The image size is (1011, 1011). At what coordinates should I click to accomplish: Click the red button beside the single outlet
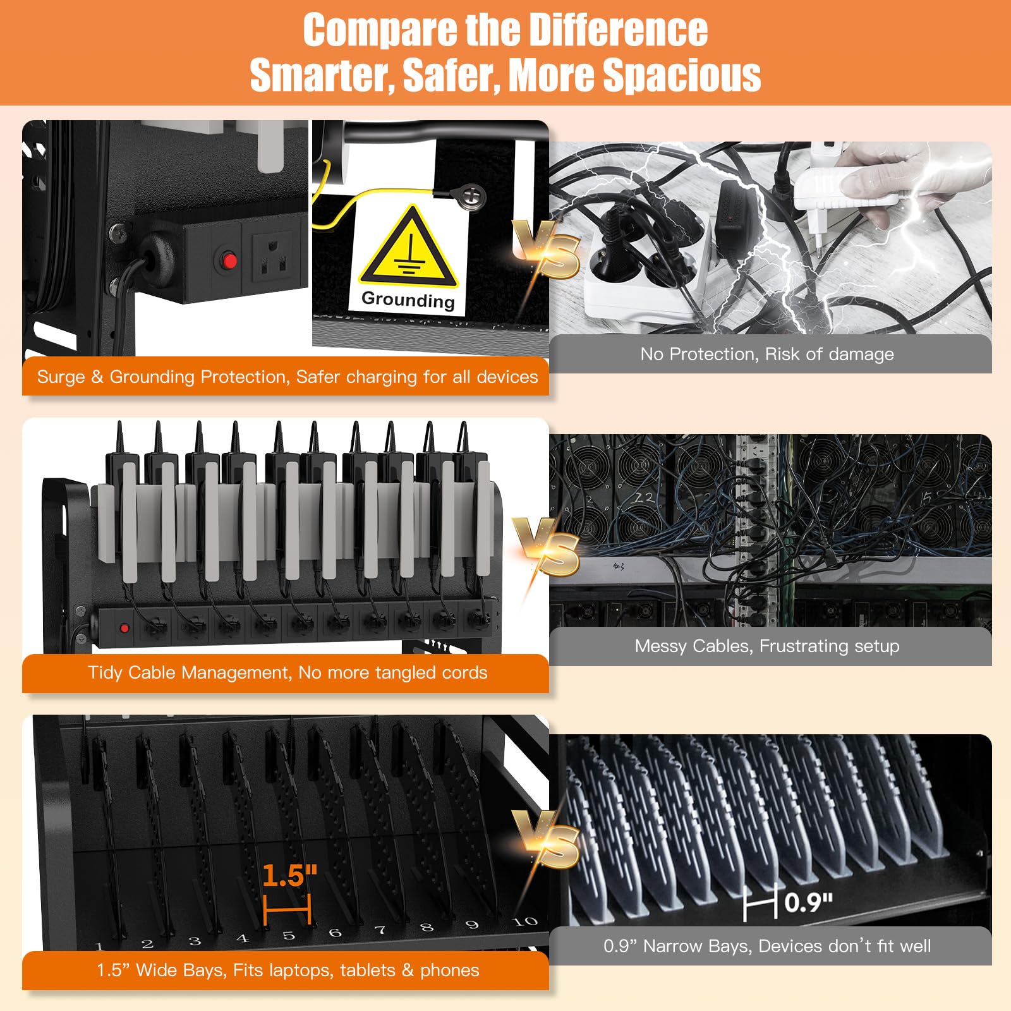tap(229, 260)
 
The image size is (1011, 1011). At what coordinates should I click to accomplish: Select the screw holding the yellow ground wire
tap(470, 195)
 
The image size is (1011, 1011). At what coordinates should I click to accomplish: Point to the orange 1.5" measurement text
tap(289, 875)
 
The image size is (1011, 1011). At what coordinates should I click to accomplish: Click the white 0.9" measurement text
tap(809, 902)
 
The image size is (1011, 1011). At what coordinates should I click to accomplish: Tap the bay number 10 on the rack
tap(524, 922)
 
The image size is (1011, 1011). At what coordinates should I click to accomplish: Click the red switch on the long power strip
tap(124, 628)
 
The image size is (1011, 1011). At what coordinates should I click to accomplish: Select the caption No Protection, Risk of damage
tap(767, 354)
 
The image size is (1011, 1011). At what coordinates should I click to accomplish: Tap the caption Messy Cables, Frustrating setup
tap(767, 646)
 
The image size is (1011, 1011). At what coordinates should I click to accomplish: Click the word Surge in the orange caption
tap(61, 377)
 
